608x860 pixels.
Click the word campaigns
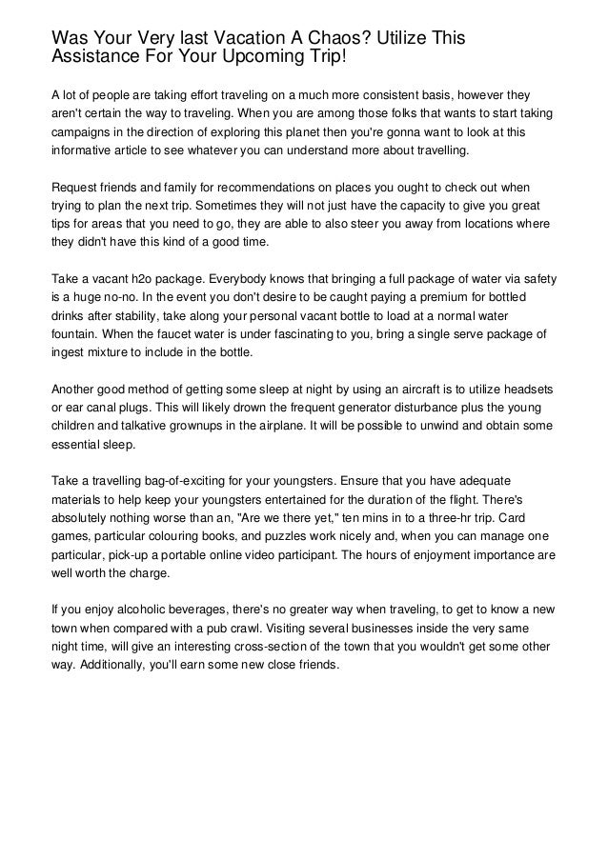[x=84, y=132]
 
